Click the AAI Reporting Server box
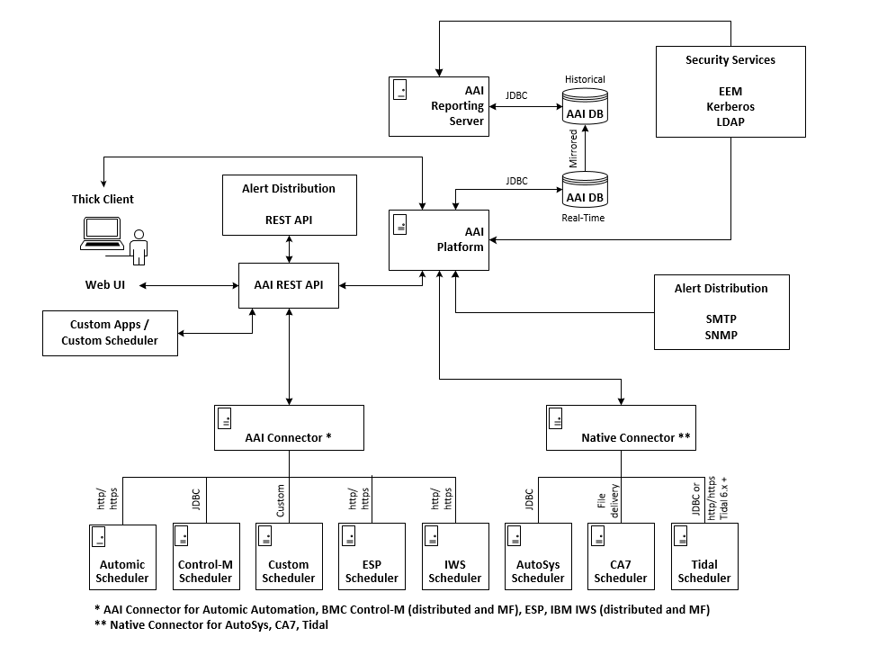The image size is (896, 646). click(439, 106)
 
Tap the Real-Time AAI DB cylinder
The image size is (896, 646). click(585, 191)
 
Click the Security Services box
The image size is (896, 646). click(730, 92)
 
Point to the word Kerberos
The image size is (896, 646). click(730, 106)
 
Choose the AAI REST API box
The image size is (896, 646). click(289, 285)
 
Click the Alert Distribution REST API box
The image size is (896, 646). click(289, 205)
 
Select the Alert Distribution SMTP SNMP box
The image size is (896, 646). click(721, 311)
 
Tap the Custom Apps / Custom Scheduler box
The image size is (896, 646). click(110, 333)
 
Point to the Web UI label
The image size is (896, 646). click(105, 285)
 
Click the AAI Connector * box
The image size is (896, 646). click(289, 427)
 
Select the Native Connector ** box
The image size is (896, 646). click(621, 427)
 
